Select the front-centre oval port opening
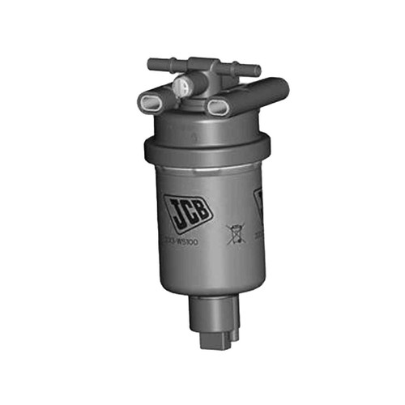pyautogui.click(x=217, y=107)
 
